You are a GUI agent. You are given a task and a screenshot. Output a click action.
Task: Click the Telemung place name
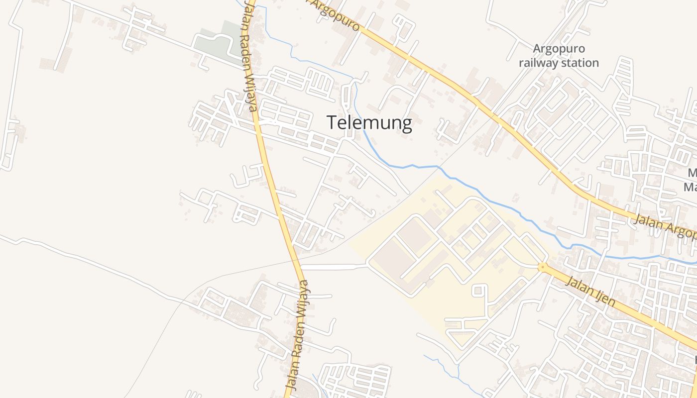pos(369,123)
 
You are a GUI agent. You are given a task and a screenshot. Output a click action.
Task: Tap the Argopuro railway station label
pos(559,56)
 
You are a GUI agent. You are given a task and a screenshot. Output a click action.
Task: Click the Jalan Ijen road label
pos(591,291)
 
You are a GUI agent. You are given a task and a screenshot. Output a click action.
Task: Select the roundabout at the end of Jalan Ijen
pos(543,267)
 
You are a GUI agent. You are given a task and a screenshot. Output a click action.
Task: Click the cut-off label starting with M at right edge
pos(691,180)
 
